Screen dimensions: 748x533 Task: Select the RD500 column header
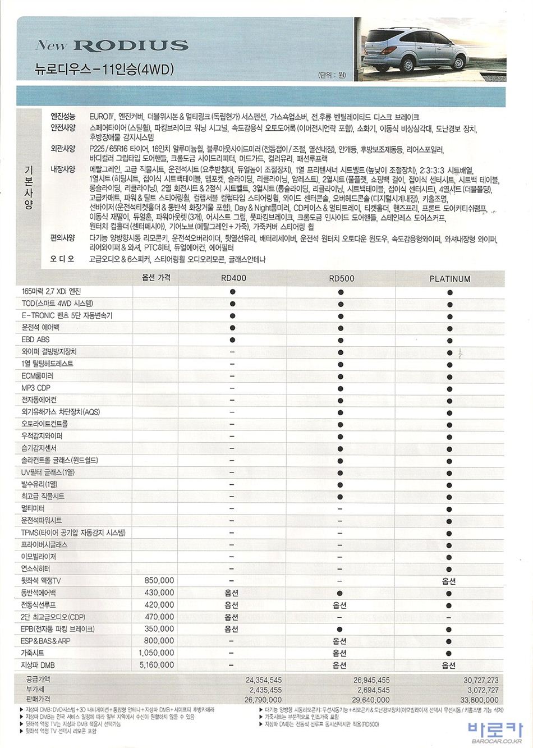(341, 278)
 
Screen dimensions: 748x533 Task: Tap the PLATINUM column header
(449, 278)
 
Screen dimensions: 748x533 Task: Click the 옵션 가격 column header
(156, 277)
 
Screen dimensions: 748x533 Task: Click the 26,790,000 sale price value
(263, 700)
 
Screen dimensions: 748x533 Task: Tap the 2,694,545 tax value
(373, 690)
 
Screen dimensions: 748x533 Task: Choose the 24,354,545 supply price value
(263, 680)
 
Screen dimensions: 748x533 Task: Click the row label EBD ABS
(36, 339)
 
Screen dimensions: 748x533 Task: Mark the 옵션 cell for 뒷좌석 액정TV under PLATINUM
(449, 581)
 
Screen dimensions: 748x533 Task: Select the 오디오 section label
(62, 259)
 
